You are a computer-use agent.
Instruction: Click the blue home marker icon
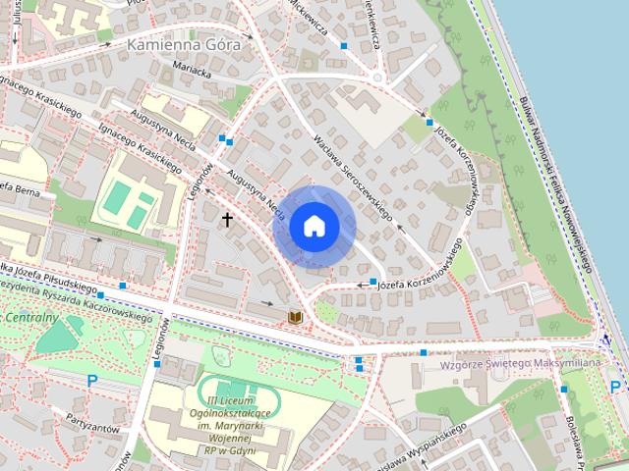click(x=314, y=226)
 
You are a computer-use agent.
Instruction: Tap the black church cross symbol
click(x=228, y=219)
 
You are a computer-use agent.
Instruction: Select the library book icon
click(x=294, y=317)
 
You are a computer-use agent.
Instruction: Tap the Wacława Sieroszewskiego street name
click(x=352, y=173)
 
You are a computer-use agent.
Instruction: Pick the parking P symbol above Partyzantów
click(x=92, y=381)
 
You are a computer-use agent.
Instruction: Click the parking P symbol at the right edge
click(x=615, y=386)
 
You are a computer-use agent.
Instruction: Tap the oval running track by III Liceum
click(x=233, y=390)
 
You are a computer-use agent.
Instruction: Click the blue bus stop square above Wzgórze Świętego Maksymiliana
click(x=423, y=352)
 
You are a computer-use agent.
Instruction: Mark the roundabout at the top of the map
click(x=377, y=77)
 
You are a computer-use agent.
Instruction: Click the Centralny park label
click(x=28, y=319)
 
